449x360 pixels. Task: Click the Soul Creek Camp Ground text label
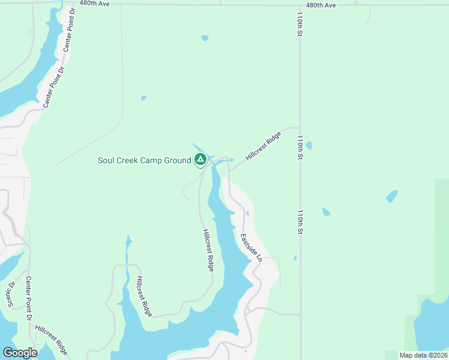coord(144,160)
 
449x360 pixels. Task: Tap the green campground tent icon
coord(200,160)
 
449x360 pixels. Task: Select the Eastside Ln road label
coord(252,248)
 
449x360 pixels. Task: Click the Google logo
coord(20,352)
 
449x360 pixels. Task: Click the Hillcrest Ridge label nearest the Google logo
coord(52,340)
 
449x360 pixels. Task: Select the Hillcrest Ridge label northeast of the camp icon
coord(263,146)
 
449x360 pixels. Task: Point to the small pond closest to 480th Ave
coord(205,38)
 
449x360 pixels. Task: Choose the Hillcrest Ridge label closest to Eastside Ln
coord(208,251)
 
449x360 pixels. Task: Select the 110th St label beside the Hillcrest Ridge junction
coord(299,146)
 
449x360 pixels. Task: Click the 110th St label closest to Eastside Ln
coord(299,221)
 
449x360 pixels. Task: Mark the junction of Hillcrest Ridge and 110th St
coord(299,128)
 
